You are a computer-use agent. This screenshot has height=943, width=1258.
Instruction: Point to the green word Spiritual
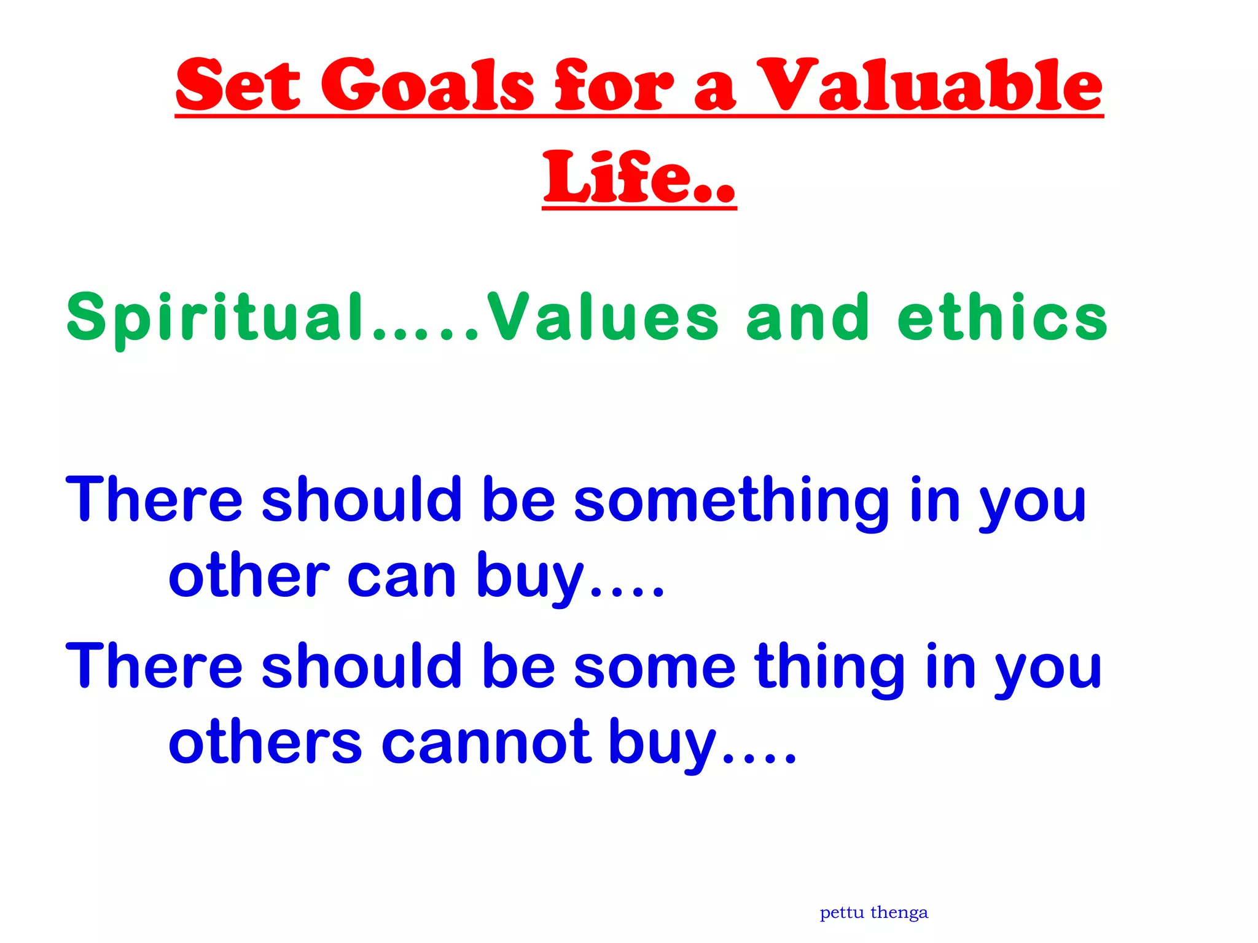tap(215, 318)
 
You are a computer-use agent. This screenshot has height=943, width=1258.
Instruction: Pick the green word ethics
tap(1002, 318)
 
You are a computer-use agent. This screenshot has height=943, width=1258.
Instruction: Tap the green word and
tap(807, 318)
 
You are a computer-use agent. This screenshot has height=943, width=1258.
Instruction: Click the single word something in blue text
tap(731, 500)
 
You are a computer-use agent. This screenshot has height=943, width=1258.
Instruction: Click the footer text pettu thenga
tap(873, 913)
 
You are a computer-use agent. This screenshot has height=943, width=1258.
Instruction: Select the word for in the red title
tap(614, 86)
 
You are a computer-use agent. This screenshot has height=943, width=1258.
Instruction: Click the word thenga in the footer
tap(899, 913)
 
